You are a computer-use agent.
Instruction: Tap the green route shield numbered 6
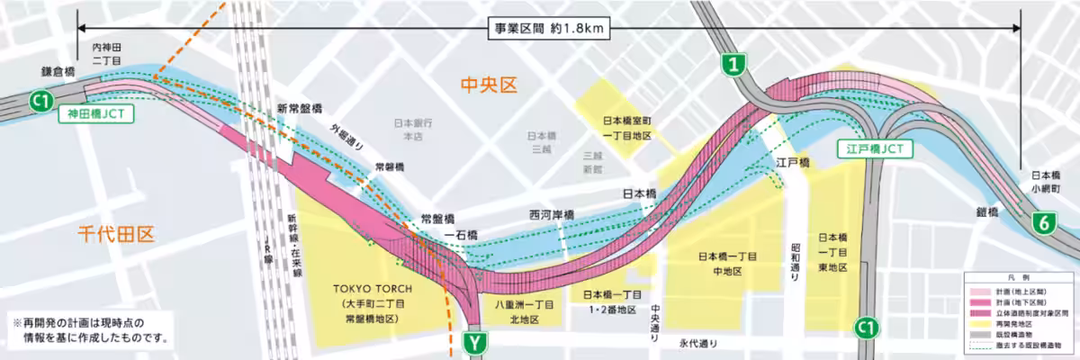(x=1043, y=225)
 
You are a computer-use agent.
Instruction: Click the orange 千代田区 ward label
(x=115, y=236)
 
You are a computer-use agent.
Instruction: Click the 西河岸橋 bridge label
(x=552, y=215)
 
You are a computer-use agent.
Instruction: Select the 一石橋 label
(x=461, y=235)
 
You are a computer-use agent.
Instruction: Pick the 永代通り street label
(x=699, y=343)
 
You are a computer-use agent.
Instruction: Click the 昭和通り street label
(x=795, y=262)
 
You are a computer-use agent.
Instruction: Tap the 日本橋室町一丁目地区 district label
(x=629, y=128)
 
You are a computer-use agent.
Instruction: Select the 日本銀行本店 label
(x=413, y=129)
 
